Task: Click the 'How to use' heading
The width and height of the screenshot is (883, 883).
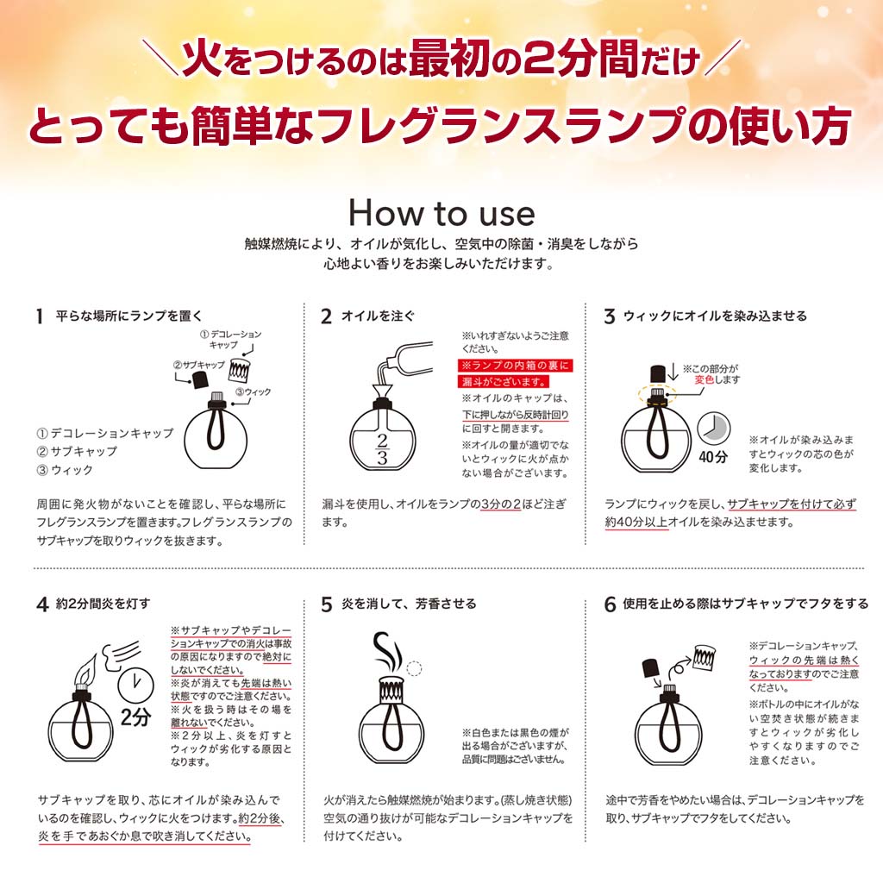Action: [x=441, y=212]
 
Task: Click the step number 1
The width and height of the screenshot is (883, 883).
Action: [x=39, y=316]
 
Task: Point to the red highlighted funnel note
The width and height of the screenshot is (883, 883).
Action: [x=515, y=373]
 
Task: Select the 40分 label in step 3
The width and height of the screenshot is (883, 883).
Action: [x=712, y=457]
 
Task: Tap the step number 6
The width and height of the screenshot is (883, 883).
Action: [x=610, y=604]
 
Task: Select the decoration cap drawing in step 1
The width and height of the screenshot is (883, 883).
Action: [x=241, y=370]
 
